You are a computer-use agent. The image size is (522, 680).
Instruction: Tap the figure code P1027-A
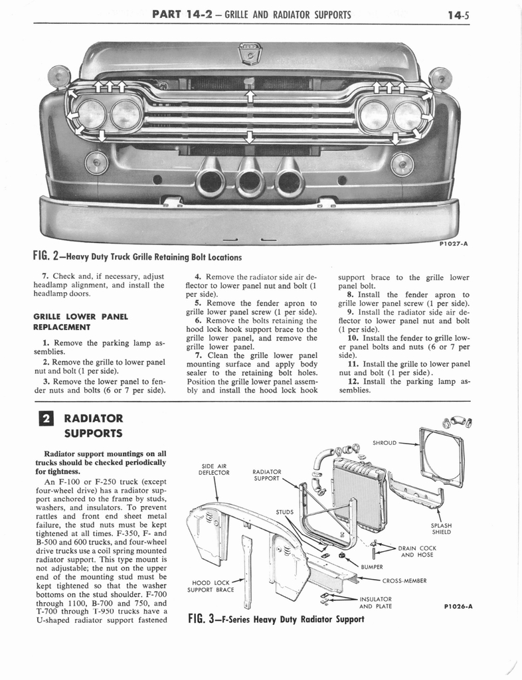pos(454,244)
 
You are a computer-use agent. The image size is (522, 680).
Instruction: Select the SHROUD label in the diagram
pos(385,442)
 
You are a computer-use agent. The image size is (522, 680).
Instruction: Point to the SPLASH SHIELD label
pos(442,529)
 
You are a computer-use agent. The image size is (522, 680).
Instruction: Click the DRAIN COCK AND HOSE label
pos(416,551)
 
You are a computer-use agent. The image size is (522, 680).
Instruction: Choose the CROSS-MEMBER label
pos(404,581)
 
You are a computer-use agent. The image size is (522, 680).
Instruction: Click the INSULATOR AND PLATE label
pos(375,602)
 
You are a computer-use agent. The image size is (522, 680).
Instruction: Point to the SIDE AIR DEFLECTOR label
pos(214,469)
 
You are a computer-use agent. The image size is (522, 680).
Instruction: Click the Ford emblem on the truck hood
pos(250,54)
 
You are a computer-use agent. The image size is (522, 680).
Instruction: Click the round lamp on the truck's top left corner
pos(59,77)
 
